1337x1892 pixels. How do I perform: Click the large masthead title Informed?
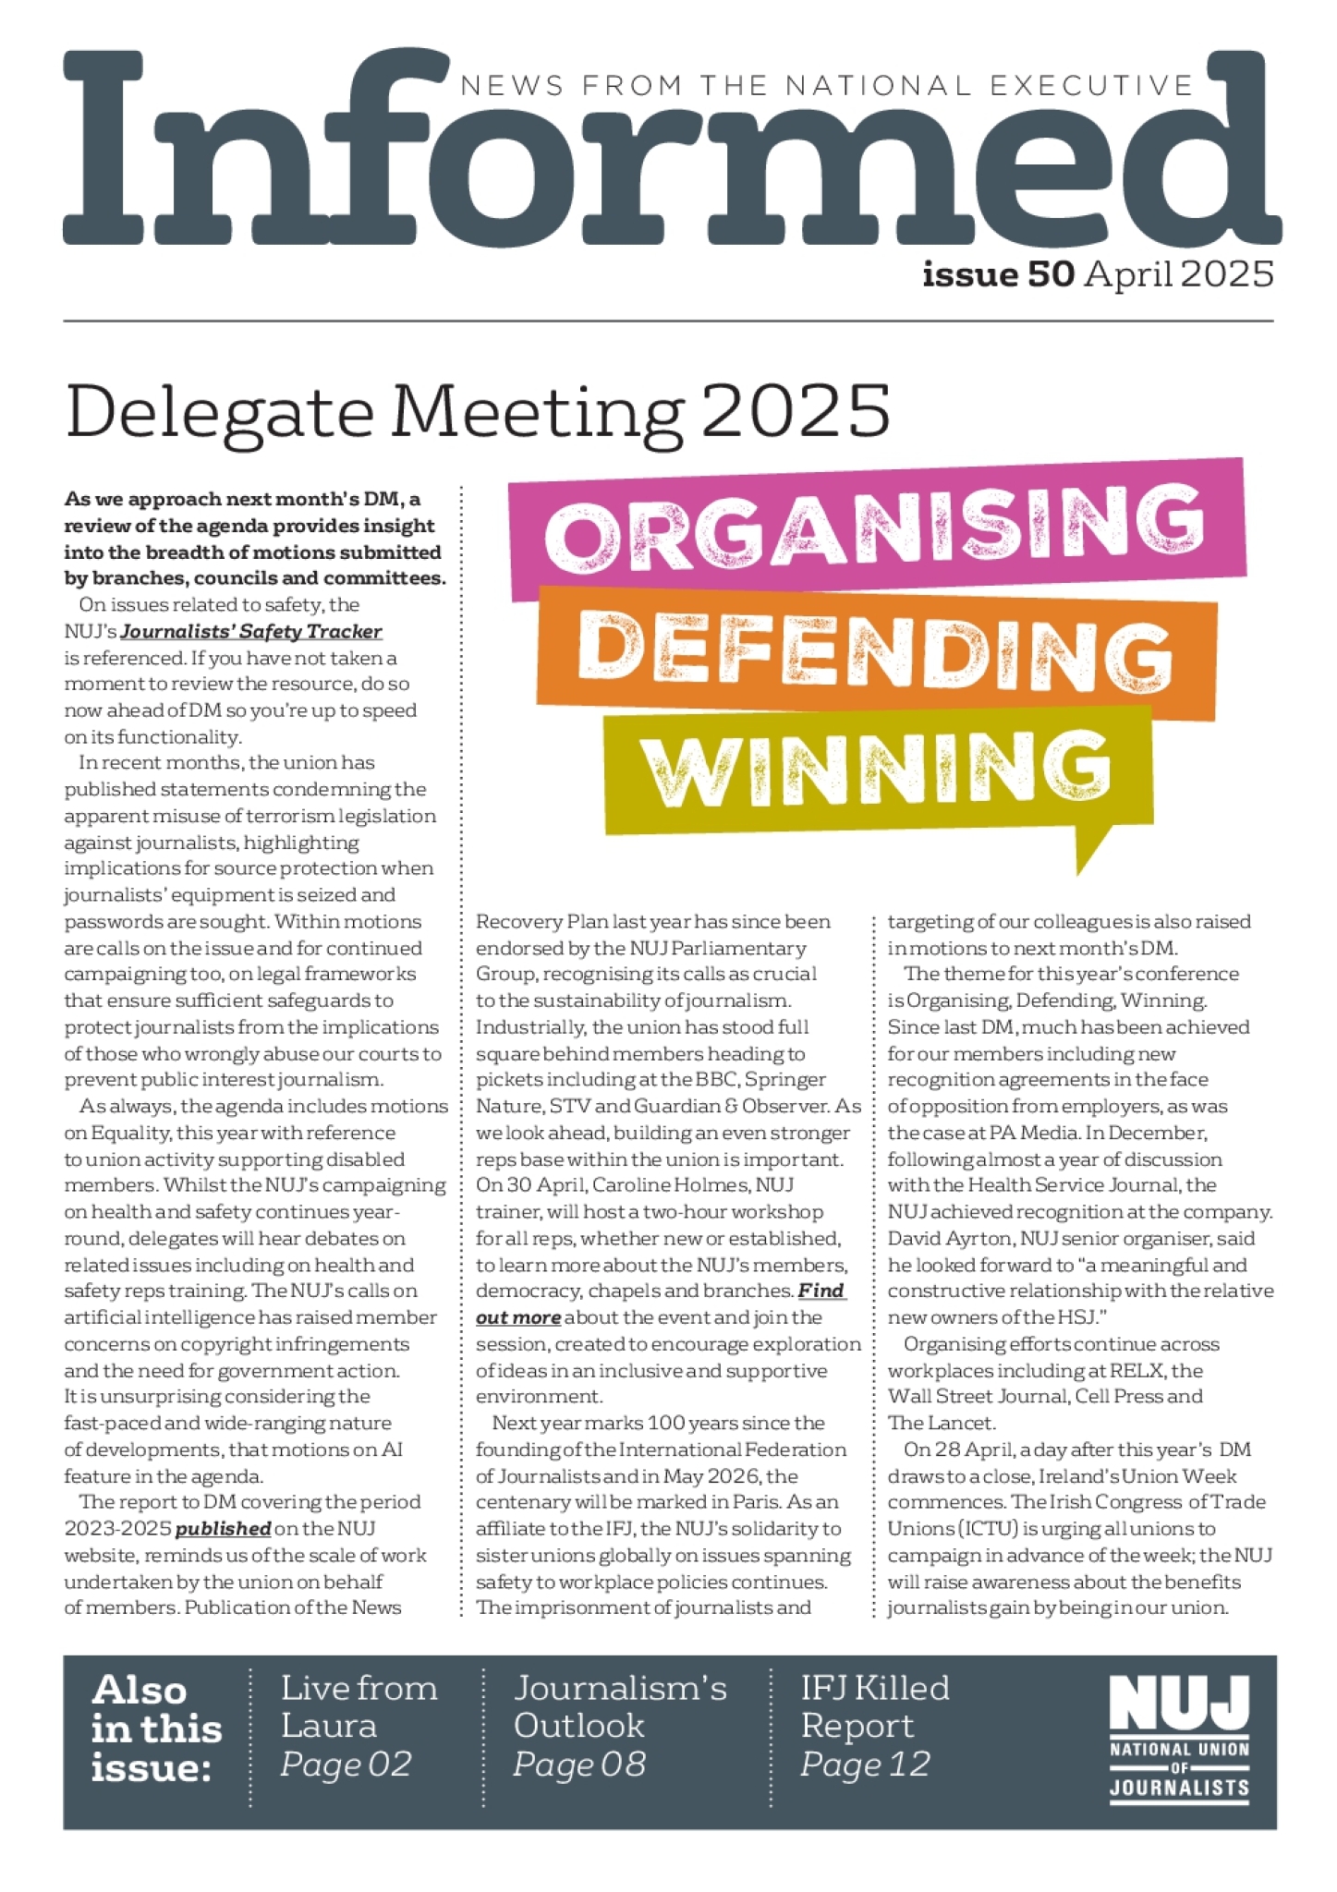coord(671,152)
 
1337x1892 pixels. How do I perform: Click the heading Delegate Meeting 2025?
coord(478,410)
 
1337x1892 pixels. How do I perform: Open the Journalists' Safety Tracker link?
coord(250,632)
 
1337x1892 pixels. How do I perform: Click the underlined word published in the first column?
coord(223,1529)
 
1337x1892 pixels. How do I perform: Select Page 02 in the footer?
coord(346,1765)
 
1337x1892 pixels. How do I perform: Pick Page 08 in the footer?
coord(579,1765)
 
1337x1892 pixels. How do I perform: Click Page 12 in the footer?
coord(865,1765)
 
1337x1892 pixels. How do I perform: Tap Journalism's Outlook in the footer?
coord(620,1706)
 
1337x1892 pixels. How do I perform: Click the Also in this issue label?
coord(156,1728)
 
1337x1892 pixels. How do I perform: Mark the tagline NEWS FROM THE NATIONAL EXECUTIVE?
coord(827,86)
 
